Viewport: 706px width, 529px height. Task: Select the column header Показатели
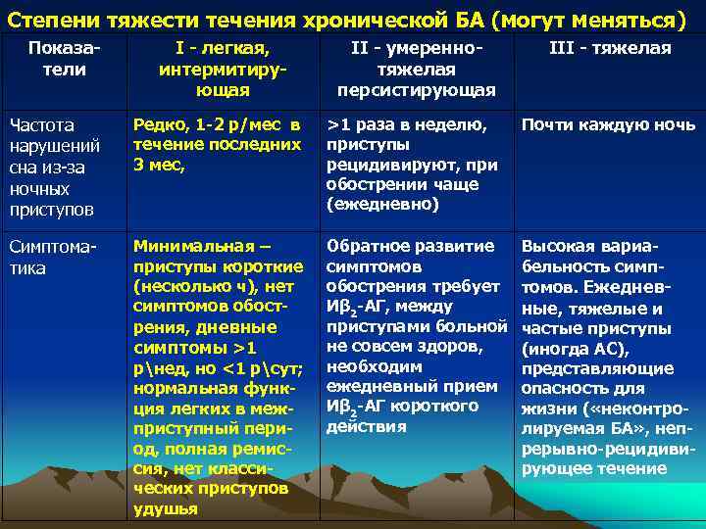coord(64,59)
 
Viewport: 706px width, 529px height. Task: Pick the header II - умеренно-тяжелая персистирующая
coord(416,69)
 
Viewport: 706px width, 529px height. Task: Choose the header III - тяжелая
coord(609,48)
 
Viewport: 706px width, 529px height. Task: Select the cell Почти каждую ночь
coord(608,124)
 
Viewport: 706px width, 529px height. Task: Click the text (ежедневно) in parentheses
coord(383,204)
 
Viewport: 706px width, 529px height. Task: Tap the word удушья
coord(165,508)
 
